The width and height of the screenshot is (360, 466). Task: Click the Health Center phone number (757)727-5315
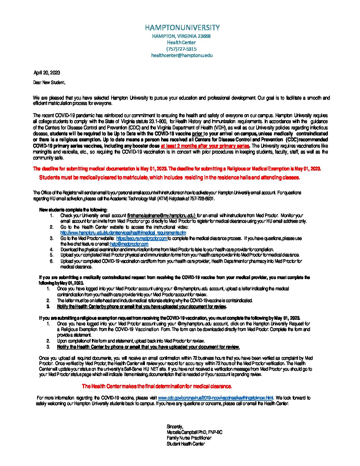(x=181, y=49)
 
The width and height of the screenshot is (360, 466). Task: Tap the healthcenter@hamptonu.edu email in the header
(x=182, y=56)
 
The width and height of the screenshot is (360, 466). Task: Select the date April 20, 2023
(x=47, y=73)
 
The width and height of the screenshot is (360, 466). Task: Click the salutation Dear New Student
(x=49, y=82)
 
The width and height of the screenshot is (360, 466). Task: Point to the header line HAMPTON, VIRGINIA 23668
(x=181, y=36)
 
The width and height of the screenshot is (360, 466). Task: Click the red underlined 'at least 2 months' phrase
(x=205, y=146)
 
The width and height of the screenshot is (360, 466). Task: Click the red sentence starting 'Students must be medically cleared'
(x=169, y=178)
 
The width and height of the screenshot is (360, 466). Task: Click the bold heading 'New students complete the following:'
(x=73, y=210)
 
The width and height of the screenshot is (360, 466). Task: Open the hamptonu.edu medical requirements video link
(x=123, y=233)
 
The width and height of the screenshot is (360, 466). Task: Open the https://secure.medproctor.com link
(x=142, y=238)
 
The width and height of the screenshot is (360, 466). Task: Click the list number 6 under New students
(x=52, y=261)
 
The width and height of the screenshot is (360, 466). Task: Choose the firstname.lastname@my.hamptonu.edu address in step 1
(x=161, y=215)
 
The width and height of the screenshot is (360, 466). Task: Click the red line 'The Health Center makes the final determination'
(x=157, y=386)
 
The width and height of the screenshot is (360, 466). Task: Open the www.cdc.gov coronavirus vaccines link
(x=215, y=398)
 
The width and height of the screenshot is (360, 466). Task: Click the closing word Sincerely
(x=175, y=427)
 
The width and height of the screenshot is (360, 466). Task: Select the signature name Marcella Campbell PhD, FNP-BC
(x=194, y=432)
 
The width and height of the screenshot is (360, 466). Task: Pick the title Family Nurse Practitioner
(x=189, y=438)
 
